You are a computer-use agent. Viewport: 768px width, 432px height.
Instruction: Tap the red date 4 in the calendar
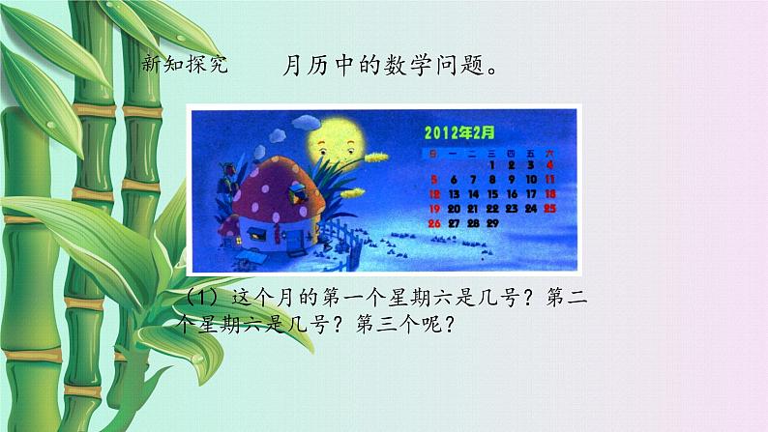[549, 165]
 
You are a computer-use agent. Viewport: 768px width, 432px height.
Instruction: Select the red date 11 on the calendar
[549, 180]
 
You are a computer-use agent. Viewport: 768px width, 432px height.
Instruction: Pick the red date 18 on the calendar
[549, 194]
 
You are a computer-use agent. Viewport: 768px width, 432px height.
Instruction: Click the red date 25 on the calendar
[549, 208]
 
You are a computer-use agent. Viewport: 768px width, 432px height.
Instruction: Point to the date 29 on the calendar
[491, 222]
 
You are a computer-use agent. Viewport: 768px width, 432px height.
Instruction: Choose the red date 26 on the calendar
[434, 222]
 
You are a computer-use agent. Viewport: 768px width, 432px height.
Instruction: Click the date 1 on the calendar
[492, 165]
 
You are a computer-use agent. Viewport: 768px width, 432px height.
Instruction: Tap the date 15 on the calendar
[492, 194]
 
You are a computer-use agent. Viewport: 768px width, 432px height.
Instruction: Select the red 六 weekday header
[549, 152]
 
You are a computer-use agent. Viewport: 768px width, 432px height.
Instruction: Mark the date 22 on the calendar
[492, 208]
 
